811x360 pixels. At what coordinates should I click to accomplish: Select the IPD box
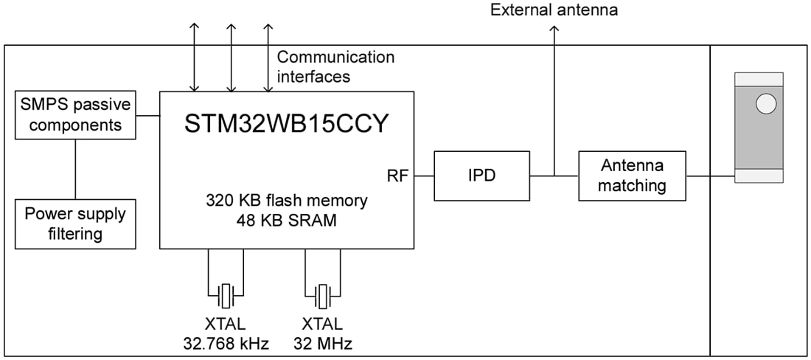tap(481, 176)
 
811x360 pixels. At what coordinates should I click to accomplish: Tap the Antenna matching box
tap(632, 176)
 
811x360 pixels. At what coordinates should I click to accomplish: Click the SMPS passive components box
tap(75, 115)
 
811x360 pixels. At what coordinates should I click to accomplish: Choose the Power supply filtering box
tap(75, 224)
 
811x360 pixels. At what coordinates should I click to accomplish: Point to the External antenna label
tap(554, 10)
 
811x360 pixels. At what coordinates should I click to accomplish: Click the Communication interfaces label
tap(335, 66)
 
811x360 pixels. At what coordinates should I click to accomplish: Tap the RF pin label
tap(397, 176)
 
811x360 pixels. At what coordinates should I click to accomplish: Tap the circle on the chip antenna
tap(765, 103)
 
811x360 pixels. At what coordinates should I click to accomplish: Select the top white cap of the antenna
tap(759, 79)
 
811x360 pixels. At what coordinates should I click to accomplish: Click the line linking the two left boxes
tap(75, 169)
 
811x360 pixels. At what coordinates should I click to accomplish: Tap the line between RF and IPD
tap(424, 176)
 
